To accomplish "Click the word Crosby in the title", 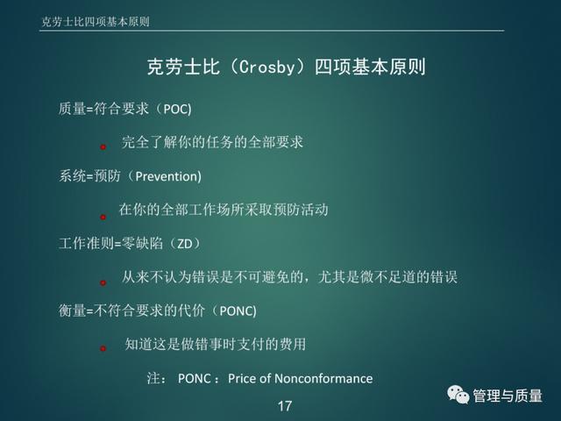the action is pyautogui.click(x=266, y=67).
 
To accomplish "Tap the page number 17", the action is pyautogui.click(x=284, y=406).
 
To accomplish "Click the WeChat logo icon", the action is pyautogui.click(x=458, y=395).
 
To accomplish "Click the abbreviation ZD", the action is pyautogui.click(x=185, y=244).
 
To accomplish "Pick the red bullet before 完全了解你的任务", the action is pyautogui.click(x=103, y=146).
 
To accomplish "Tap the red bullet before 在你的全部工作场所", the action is pyautogui.click(x=103, y=217).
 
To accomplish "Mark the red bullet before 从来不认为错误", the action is pyautogui.click(x=103, y=282).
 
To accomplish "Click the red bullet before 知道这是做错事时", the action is pyautogui.click(x=103, y=348).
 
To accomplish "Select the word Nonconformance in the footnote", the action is pyautogui.click(x=323, y=378).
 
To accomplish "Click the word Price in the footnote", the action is pyautogui.click(x=242, y=378).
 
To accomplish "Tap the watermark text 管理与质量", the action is pyautogui.click(x=508, y=396).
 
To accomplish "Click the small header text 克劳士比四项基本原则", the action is pyautogui.click(x=96, y=21).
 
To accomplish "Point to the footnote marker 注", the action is pyautogui.click(x=153, y=378).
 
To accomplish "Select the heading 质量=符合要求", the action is pyautogui.click(x=103, y=109).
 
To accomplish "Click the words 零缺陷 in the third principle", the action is pyautogui.click(x=142, y=244).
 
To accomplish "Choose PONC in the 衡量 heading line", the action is pyautogui.click(x=236, y=311).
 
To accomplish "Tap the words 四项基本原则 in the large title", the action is pyautogui.click(x=370, y=67).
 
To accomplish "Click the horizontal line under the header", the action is pyautogui.click(x=272, y=31).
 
